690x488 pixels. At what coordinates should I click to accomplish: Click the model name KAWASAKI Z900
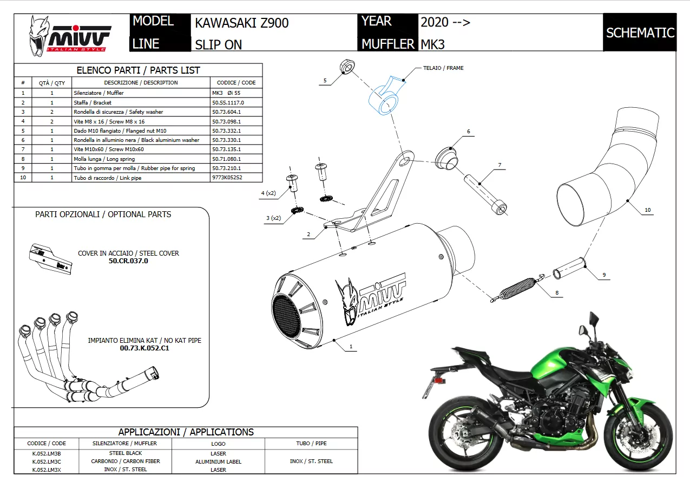pyautogui.click(x=241, y=23)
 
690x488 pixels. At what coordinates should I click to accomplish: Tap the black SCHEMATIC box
pyautogui.click(x=640, y=32)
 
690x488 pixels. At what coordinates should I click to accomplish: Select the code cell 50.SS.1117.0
pyautogui.click(x=228, y=102)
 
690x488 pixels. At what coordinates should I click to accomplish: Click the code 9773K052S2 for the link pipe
pyautogui.click(x=227, y=178)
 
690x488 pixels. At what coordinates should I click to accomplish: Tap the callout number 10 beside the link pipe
pyautogui.click(x=647, y=210)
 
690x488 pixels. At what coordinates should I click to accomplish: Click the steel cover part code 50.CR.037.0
pyautogui.click(x=128, y=261)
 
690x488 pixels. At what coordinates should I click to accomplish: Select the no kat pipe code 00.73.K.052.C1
pyautogui.click(x=144, y=348)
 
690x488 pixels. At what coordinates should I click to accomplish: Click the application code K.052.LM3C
pyautogui.click(x=47, y=461)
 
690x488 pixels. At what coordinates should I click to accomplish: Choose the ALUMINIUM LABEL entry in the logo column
pyautogui.click(x=218, y=462)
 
